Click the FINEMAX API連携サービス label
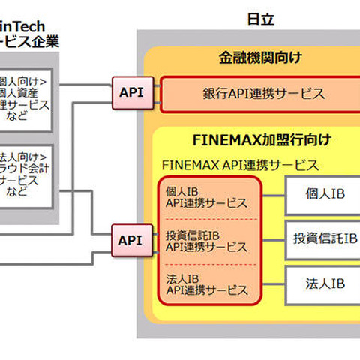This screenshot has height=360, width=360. point(240,165)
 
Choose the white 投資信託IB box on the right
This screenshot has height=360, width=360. point(324,239)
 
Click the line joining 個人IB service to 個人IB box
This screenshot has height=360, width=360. point(272,196)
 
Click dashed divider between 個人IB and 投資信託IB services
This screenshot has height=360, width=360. point(208,219)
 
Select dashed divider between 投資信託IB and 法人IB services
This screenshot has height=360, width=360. point(208,262)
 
